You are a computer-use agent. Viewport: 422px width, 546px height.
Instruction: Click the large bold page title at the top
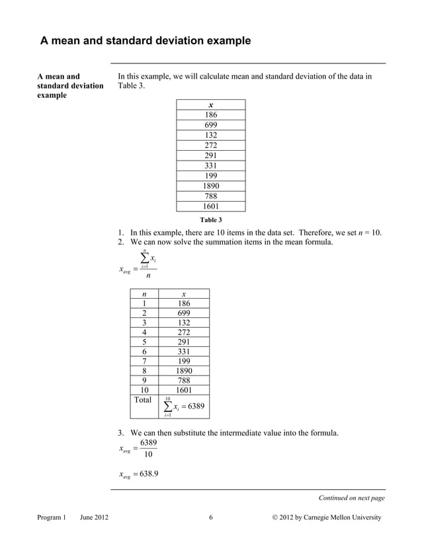[x=146, y=41]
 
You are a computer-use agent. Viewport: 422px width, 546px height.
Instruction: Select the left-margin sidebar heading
[x=70, y=87]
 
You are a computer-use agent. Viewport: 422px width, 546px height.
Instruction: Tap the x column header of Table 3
[x=210, y=105]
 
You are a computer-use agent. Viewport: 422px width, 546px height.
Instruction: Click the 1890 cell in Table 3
[x=210, y=186]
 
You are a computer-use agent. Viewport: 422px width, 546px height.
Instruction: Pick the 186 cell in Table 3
[x=210, y=115]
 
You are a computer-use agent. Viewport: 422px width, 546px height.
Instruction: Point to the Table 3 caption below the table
[x=210, y=219]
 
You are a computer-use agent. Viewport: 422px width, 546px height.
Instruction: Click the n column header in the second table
[x=145, y=294]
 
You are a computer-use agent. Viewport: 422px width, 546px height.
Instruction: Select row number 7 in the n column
[x=145, y=361]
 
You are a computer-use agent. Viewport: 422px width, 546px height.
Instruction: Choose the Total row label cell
[x=143, y=400]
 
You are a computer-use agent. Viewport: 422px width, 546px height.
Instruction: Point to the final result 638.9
[x=146, y=474]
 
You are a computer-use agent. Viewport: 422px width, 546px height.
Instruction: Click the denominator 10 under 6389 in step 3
[x=148, y=455]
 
